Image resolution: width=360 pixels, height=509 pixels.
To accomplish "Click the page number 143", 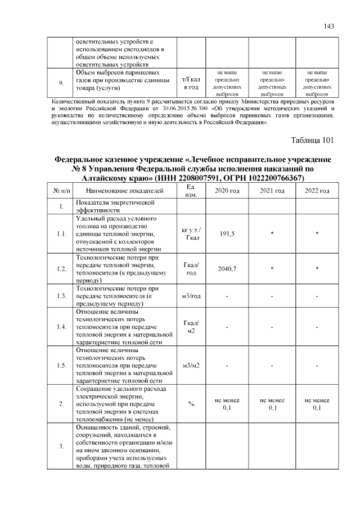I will [330, 26].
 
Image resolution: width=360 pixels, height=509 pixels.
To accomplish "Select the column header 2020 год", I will [227, 191].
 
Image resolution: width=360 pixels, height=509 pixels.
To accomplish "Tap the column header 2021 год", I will [272, 191].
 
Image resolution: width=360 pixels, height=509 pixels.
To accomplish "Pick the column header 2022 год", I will [317, 191].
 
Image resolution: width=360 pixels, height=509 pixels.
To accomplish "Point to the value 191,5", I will [227, 233].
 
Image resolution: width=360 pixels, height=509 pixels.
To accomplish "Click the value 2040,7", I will [227, 269].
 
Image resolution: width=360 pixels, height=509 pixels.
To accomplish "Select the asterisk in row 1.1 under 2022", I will [317, 234].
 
